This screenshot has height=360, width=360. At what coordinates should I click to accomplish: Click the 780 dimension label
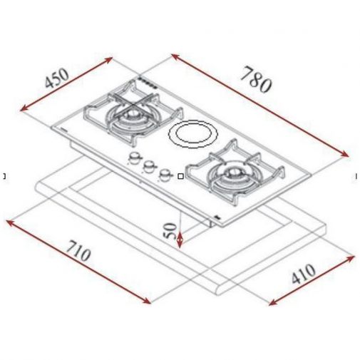click(255, 80)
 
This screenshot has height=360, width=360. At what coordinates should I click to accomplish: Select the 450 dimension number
click(57, 78)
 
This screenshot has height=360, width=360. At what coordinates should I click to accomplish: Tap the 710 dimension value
click(78, 251)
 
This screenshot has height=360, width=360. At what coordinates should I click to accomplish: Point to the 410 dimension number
click(304, 274)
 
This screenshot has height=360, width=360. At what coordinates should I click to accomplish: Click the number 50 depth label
click(170, 231)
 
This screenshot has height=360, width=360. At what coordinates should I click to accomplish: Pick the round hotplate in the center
click(193, 134)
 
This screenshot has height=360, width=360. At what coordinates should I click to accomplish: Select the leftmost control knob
click(134, 158)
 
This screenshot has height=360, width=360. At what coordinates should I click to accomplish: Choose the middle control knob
click(149, 166)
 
